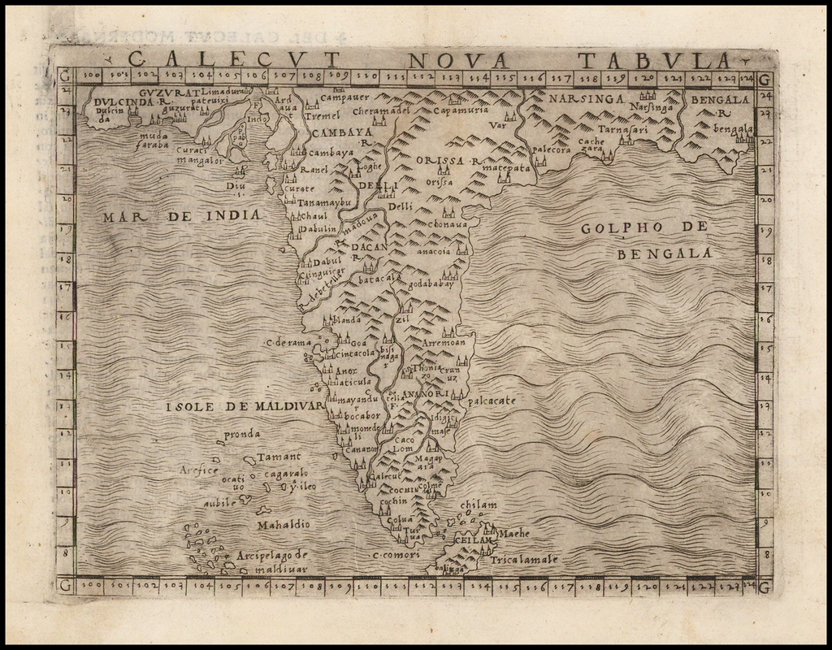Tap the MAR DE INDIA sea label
point(183,216)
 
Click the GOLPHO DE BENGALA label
point(645,240)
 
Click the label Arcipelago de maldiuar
point(269,561)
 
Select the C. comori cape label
point(396,555)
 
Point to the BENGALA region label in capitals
point(720,100)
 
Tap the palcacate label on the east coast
point(492,401)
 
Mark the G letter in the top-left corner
point(64,76)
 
